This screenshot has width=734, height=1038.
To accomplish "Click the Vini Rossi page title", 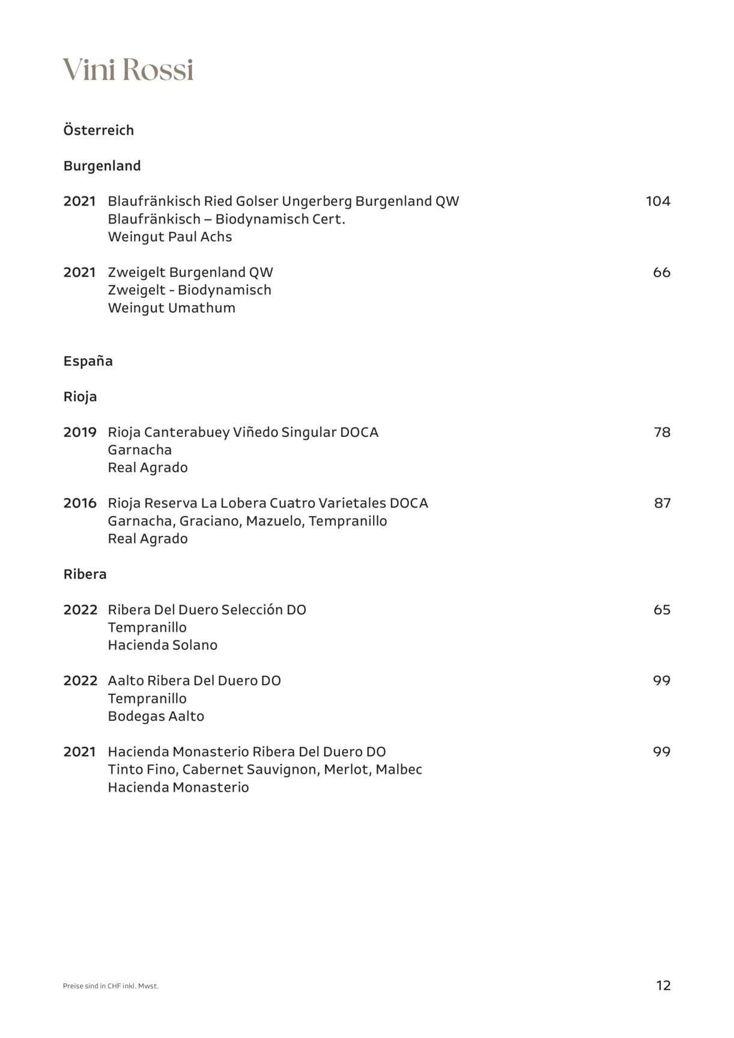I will [128, 70].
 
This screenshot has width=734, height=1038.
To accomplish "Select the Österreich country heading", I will [99, 130].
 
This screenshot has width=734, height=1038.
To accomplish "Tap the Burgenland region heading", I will [102, 166].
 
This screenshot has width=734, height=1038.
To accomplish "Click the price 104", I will [658, 201].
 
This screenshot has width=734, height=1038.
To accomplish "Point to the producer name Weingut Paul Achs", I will [170, 237].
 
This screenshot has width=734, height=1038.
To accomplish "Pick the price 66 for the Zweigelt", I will [661, 272].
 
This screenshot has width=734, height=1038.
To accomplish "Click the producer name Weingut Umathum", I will [172, 308].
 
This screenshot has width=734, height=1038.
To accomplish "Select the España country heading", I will [88, 361].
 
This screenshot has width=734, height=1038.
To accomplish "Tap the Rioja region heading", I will [80, 396].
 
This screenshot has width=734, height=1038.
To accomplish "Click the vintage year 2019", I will [80, 432].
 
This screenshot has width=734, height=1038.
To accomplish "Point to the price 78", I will [662, 432].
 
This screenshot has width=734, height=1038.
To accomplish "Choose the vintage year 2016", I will [80, 503].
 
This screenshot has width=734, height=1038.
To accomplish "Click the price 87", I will [662, 503].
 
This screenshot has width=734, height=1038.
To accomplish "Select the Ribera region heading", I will [85, 574].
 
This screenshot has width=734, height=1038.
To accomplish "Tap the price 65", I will [662, 610].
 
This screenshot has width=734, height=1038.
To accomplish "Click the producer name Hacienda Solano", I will [163, 645].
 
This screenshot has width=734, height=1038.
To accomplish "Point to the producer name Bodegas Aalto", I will [156, 716].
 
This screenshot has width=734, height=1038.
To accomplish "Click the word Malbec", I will [399, 769].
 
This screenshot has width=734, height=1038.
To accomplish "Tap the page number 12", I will [663, 986].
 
